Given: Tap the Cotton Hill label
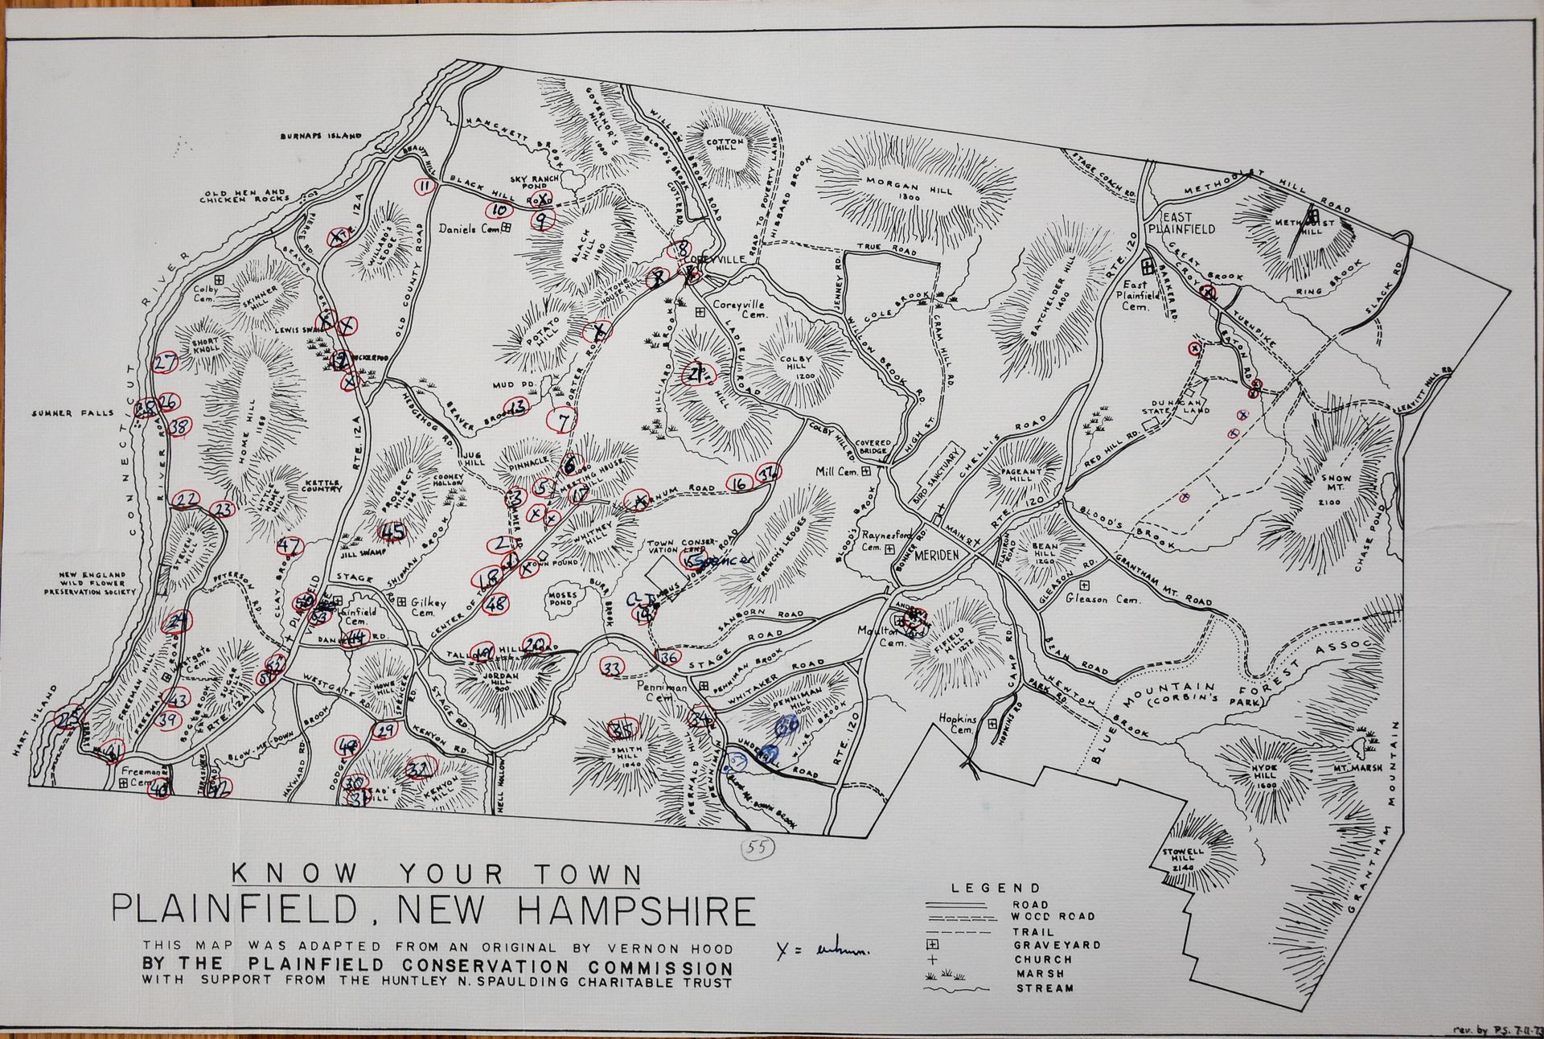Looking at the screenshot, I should point(726,146).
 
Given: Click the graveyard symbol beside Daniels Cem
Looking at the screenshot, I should point(507,228).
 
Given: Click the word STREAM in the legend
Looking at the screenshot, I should point(1043,988).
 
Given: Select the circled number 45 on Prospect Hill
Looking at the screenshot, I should point(392,531).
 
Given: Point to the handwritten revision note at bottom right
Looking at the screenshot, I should point(1495,1029).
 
